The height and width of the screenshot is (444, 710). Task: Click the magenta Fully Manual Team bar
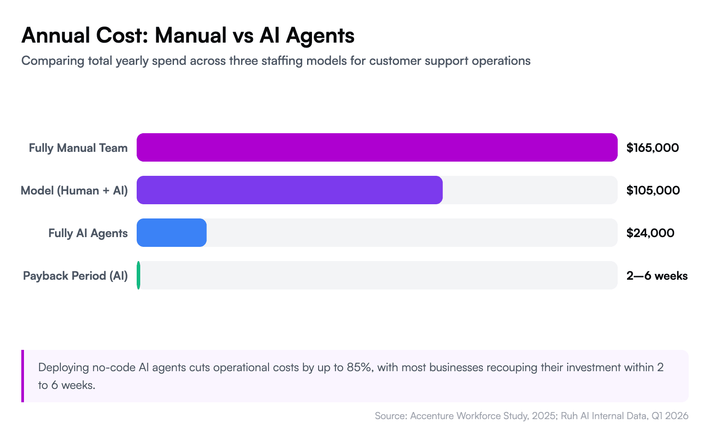(x=377, y=147)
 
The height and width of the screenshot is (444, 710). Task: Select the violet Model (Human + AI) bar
(x=289, y=190)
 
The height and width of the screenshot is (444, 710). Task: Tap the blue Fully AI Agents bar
(x=171, y=233)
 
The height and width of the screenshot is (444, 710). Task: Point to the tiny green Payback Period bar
(x=138, y=275)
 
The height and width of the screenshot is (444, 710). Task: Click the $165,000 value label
(x=652, y=148)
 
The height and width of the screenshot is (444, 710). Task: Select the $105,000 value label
(x=653, y=190)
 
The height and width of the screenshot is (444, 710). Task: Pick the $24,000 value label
(x=650, y=233)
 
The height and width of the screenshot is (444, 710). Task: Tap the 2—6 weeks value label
(x=657, y=276)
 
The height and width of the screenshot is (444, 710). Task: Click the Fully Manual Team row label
(x=78, y=148)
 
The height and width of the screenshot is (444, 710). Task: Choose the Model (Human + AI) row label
(x=74, y=190)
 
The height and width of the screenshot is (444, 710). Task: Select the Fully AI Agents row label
(x=88, y=233)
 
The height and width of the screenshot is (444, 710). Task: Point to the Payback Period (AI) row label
(x=75, y=276)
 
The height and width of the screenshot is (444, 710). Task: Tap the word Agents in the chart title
(x=320, y=36)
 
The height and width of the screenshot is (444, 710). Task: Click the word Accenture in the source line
(x=432, y=416)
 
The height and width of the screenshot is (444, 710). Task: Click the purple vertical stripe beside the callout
(x=23, y=376)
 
